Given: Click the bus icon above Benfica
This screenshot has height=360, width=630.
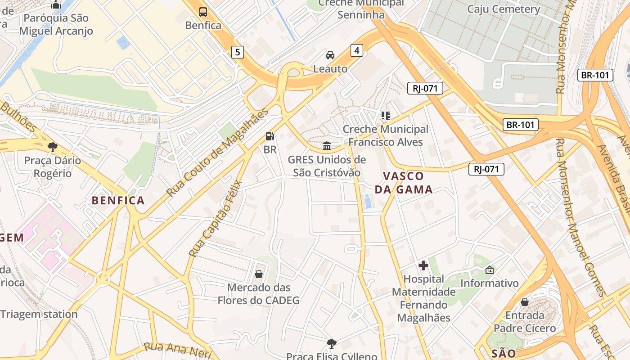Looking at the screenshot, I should coord(203,12).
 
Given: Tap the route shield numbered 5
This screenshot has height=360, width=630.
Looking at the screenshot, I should coord(238,53).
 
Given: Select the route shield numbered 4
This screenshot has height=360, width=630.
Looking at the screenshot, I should coord(357,50).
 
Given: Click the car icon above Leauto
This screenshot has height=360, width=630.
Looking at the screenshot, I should coord(330,55).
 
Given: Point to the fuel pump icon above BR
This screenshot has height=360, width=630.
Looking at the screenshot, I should coord(270,136).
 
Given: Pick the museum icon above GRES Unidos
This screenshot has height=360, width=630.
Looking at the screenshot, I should coord(327,146).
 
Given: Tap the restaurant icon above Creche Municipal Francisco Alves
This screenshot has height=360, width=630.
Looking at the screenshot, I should coord(386,116).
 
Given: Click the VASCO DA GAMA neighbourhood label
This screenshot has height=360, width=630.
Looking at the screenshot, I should coord(404,183).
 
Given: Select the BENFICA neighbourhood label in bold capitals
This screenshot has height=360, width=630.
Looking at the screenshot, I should coord(118,201).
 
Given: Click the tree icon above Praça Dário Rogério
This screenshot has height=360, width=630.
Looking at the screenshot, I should coord(53,147).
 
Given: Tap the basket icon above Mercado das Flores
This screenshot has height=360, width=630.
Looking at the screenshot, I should coord(259,274).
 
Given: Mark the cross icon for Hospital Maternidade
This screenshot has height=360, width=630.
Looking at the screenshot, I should coord(423,265).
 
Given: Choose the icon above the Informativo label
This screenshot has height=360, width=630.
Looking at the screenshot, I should coord(490,270).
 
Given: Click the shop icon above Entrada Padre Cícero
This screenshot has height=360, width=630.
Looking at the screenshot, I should coord(525,301).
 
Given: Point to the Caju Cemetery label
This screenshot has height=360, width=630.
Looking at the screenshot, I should coord(504,9).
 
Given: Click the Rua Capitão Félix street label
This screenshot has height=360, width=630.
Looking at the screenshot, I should coord(216,219).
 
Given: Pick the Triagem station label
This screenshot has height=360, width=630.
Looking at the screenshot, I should coord(39,314).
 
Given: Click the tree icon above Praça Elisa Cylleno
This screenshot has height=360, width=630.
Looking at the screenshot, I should coord(332,344).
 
